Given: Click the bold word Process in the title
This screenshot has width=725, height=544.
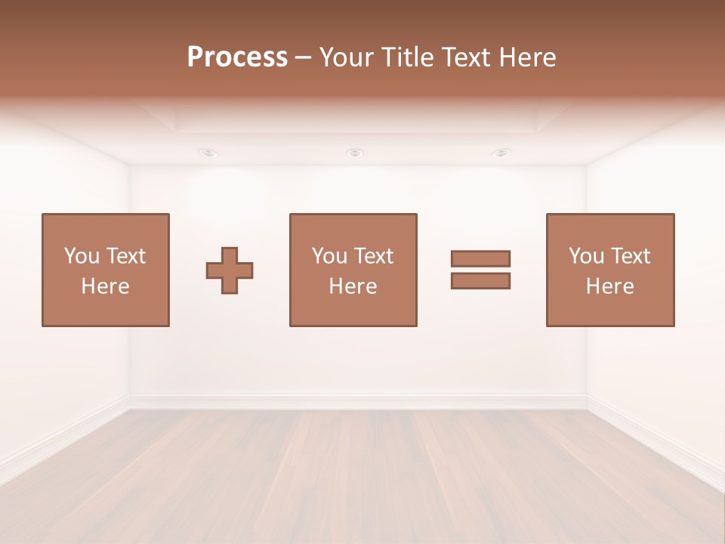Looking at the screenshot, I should click(237, 57).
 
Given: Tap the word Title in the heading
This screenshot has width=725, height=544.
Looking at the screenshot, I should click(407, 57).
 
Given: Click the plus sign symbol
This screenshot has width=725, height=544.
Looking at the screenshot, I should click(230, 270).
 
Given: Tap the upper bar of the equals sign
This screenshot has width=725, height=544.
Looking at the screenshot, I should click(480, 258).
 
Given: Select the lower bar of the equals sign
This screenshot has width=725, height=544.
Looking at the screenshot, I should click(480, 280).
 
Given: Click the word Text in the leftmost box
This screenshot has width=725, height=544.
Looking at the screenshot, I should click(126, 256).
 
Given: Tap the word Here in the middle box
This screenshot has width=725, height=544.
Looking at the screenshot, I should click(353, 286).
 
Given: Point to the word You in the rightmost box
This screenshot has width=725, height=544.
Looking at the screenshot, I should click(586, 256).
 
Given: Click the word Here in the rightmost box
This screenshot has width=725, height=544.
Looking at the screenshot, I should click(609, 286).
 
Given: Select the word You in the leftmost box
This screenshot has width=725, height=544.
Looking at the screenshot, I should click(82, 256).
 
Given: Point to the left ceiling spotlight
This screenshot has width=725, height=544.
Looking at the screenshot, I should click(209, 153).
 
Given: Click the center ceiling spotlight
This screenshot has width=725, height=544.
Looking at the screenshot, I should click(354, 153).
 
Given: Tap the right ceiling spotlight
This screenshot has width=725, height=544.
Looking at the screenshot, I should click(501, 153).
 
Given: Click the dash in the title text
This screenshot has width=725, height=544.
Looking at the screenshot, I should click(303, 57).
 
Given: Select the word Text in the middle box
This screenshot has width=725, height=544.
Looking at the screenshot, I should click(374, 256).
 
